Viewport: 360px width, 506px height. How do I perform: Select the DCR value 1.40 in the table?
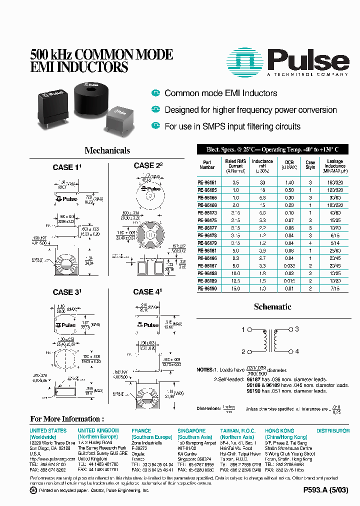click(289, 182)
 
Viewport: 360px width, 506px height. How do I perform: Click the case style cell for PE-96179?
click(310, 243)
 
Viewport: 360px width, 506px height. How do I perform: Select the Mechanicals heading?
click(107, 150)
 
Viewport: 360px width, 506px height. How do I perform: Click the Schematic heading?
click(272, 307)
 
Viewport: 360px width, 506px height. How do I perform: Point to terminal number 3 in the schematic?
click(296, 329)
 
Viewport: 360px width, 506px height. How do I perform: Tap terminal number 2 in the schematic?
click(243, 351)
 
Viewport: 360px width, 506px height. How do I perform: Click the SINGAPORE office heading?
click(191, 430)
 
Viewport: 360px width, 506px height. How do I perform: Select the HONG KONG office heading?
click(279, 430)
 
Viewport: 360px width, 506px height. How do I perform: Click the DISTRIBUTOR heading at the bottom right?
click(333, 430)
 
